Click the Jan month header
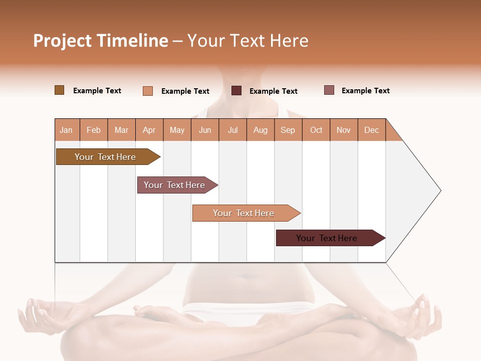66,130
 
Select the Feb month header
94,130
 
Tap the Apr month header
149,130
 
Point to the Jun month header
205,130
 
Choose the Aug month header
260,130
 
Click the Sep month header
288,130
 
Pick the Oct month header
316,130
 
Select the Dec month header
371,130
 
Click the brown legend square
60,90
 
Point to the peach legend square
148,91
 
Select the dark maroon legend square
236,91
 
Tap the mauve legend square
329,90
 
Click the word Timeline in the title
132,41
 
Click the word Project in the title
63,41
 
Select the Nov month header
344,130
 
